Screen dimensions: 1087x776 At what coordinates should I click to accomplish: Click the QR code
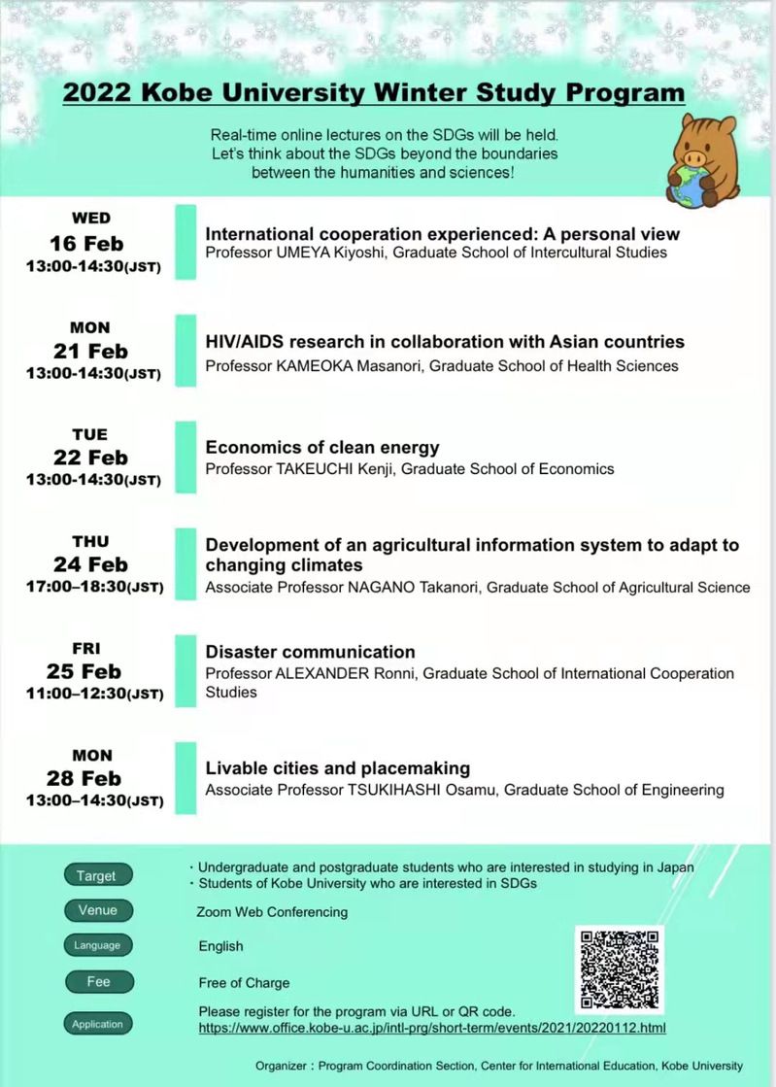621,968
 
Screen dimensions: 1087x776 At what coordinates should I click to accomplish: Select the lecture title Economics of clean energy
322,448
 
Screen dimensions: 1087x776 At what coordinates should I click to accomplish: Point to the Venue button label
98,910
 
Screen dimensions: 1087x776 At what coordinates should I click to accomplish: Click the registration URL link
432,1027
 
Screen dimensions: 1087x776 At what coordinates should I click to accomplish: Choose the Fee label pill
98,981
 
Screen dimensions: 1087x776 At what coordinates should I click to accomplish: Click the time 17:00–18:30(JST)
94,587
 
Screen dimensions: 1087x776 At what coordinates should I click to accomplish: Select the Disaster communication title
310,652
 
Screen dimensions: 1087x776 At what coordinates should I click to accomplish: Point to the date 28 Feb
84,778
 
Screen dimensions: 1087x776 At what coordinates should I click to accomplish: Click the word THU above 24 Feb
90,541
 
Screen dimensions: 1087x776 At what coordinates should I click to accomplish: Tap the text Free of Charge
244,982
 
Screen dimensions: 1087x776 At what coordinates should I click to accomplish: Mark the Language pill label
97,945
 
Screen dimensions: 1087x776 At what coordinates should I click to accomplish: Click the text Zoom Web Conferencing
272,912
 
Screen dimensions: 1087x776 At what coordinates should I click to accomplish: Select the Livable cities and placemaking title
337,768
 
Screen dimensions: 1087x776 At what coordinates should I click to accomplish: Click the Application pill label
97,1024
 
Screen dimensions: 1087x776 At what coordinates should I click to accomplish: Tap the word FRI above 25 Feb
85,648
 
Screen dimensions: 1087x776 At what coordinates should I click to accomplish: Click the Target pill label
96,875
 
